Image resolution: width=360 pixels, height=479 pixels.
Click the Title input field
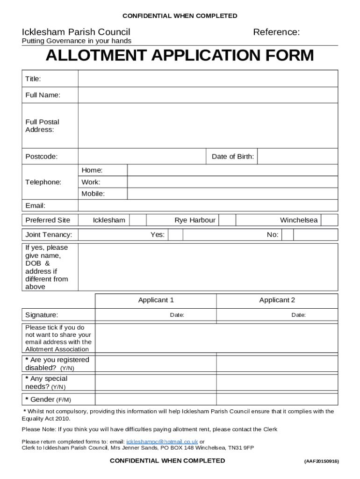coord(208,79)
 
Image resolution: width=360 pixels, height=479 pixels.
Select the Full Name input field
coord(208,95)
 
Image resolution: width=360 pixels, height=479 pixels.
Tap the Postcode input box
coord(142,157)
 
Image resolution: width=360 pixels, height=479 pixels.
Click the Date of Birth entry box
coord(297,157)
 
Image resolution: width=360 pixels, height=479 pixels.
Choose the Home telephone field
coord(232,170)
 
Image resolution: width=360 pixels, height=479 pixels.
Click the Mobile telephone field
coord(232,194)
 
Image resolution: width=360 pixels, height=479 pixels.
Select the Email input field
coord(208,206)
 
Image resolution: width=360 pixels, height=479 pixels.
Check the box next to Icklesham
coord(137,220)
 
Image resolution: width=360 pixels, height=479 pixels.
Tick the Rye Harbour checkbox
coord(227,220)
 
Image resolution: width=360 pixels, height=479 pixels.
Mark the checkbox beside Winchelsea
coord(329,220)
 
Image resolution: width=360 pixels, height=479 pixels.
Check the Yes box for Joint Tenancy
coord(175,235)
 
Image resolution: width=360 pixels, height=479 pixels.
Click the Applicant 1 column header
coord(156,300)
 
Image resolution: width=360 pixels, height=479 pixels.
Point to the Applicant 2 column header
coord(277,300)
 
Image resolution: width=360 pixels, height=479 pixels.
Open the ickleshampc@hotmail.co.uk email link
coord(162,442)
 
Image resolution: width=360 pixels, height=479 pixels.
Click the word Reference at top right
coord(276,32)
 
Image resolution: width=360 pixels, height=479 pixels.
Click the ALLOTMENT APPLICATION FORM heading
coord(180,56)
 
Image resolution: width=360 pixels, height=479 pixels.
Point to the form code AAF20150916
coord(321,461)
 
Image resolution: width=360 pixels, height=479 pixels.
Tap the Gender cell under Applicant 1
coord(156,399)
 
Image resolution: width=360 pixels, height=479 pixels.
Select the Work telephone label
coord(91,182)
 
